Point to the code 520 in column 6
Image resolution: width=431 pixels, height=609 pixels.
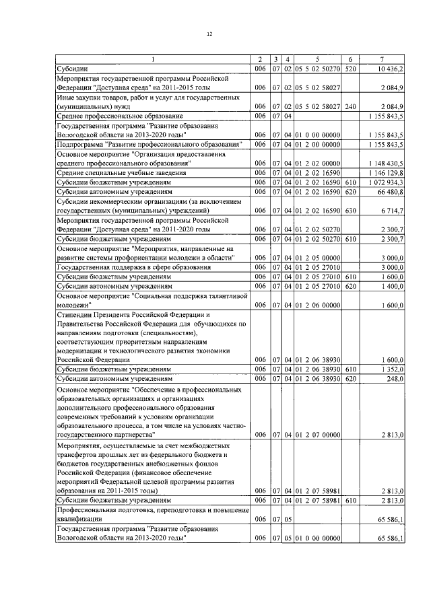pos(350,69)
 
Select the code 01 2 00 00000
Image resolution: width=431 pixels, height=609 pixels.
pos(317,145)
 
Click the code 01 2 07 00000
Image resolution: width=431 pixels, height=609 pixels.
pos(317,436)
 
